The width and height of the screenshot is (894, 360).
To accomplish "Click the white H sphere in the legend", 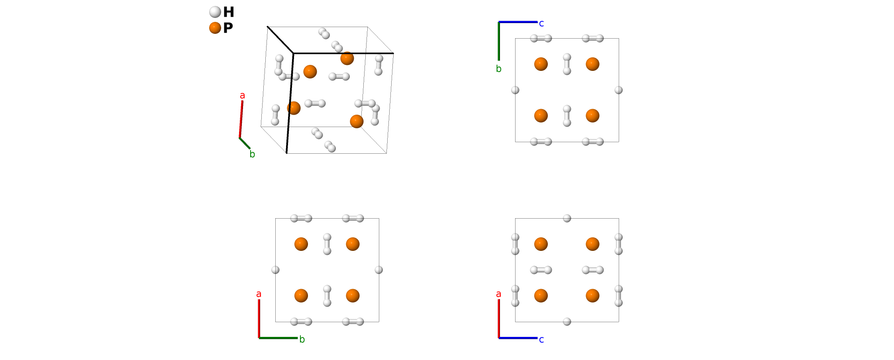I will click(x=215, y=12).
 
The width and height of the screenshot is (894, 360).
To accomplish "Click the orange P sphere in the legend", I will click(x=215, y=28).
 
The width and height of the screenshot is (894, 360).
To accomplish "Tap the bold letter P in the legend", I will click(x=228, y=28).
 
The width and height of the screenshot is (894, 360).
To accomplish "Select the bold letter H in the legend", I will click(x=229, y=12).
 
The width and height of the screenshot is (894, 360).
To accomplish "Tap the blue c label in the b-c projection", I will click(x=541, y=23).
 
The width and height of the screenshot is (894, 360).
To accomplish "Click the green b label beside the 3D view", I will click(x=252, y=154).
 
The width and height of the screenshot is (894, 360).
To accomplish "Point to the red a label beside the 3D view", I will click(x=242, y=96).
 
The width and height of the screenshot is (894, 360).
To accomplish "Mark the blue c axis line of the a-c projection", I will click(x=518, y=338).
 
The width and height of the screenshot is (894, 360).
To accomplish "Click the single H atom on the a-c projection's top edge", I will click(x=567, y=218).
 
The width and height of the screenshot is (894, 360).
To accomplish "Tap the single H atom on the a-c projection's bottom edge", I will click(x=567, y=322).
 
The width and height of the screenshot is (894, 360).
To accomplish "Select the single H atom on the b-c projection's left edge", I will click(x=515, y=90).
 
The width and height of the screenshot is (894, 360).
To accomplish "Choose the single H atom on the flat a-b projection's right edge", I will click(x=379, y=270).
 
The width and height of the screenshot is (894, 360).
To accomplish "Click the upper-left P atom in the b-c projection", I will click(x=541, y=64).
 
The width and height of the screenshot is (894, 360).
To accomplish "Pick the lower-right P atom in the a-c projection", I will click(x=592, y=296).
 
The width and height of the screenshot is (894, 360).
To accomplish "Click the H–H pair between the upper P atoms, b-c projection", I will click(x=567, y=64).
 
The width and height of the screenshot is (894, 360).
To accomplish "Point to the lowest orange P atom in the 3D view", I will click(x=357, y=121).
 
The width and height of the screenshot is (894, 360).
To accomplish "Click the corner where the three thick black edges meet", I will click(x=294, y=53).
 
